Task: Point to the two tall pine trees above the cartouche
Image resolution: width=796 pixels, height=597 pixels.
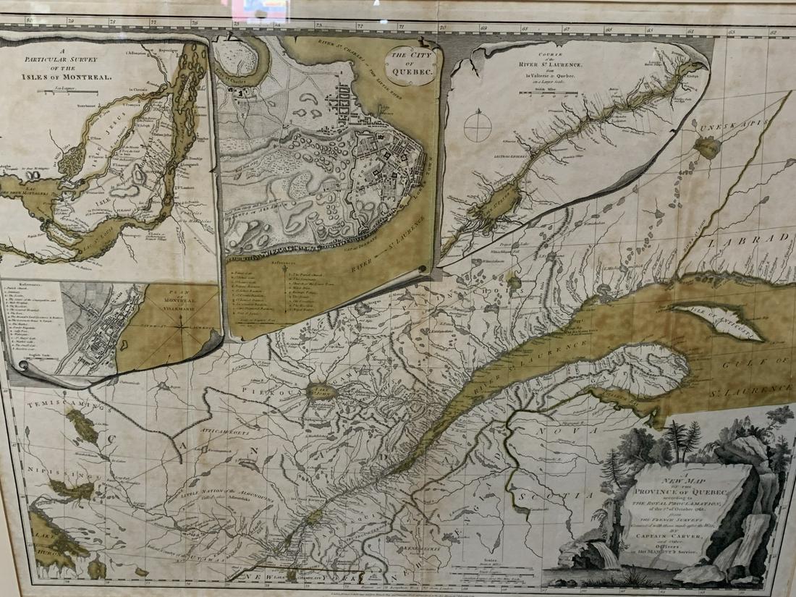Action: click(x=685, y=438)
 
